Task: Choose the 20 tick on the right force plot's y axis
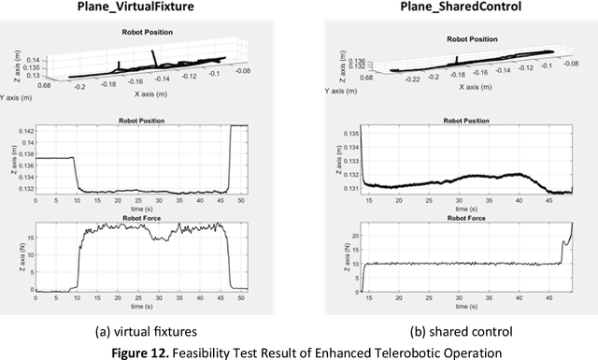[351, 235]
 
